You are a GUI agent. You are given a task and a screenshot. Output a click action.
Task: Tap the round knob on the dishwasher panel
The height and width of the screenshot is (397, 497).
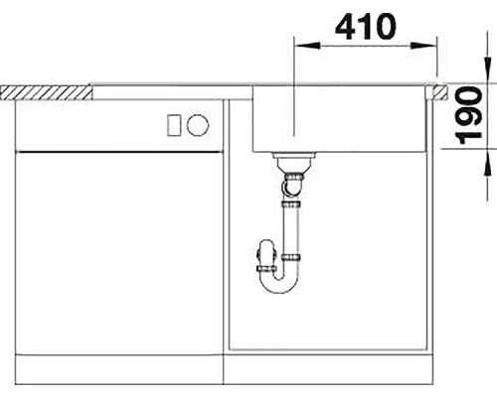pyautogui.click(x=198, y=125)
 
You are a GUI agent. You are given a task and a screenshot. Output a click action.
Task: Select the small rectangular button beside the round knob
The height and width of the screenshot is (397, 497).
pyautogui.click(x=173, y=125)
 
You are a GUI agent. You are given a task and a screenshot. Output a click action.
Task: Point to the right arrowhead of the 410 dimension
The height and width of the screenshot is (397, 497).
pyautogui.click(x=432, y=44)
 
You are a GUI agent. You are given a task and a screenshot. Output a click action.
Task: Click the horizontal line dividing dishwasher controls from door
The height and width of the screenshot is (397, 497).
pyautogui.click(x=117, y=151)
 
